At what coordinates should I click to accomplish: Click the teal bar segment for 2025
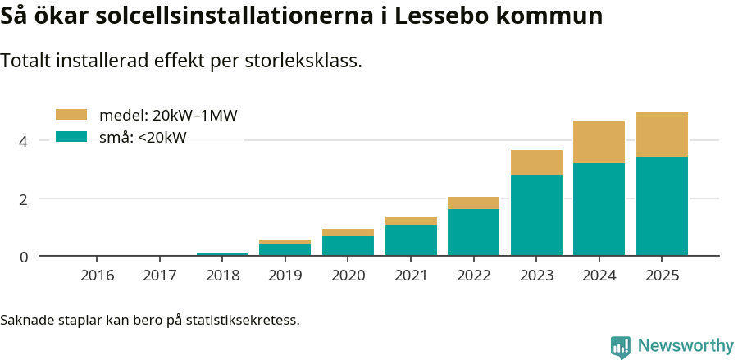662,206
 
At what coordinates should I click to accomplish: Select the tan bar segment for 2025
662,134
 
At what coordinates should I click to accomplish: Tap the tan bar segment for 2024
599,142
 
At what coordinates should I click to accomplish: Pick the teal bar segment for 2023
536,215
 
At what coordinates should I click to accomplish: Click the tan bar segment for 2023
536,162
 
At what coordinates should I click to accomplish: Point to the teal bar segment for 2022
473,232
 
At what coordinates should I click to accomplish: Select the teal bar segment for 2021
411,239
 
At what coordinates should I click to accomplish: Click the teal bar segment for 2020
348,246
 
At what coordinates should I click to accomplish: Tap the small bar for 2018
222,254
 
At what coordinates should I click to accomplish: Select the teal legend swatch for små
71,137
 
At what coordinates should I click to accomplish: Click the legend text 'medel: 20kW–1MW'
168,116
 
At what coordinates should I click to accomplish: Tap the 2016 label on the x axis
97,276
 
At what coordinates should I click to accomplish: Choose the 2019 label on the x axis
285,276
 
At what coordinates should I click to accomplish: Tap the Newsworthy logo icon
621,346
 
